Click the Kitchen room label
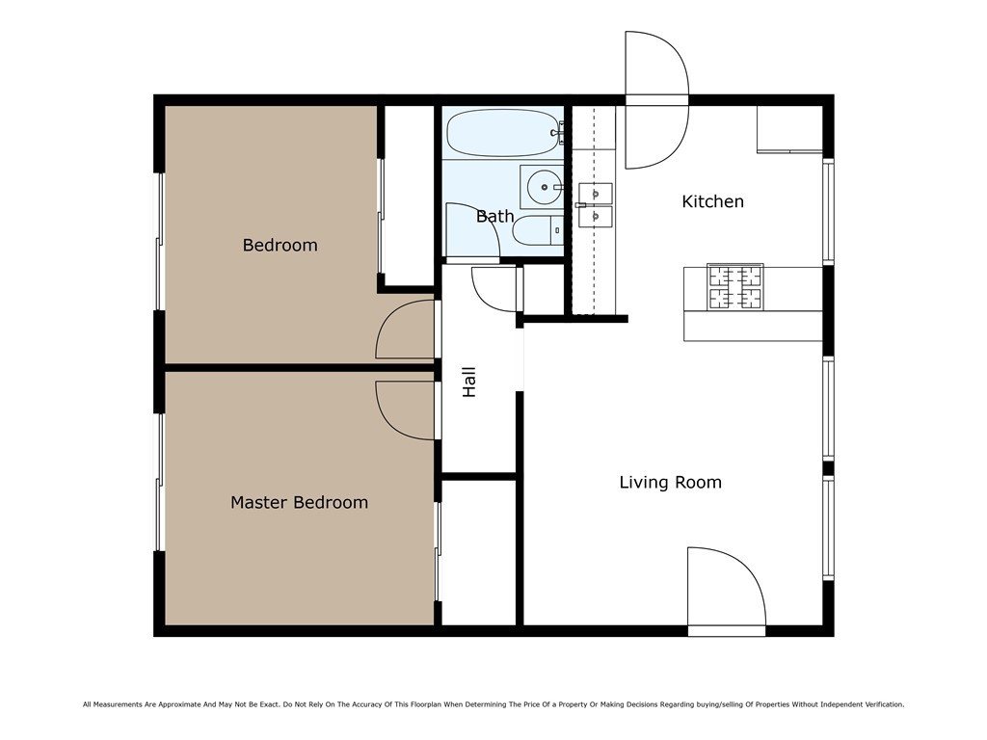[712, 201]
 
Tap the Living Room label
[670, 482]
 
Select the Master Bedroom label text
[299, 502]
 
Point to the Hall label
[469, 382]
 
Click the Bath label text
[494, 216]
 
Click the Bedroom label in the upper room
[280, 245]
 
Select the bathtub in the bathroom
[502, 133]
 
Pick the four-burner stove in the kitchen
[735, 287]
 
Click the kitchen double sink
[596, 203]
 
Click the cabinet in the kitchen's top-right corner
[788, 129]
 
